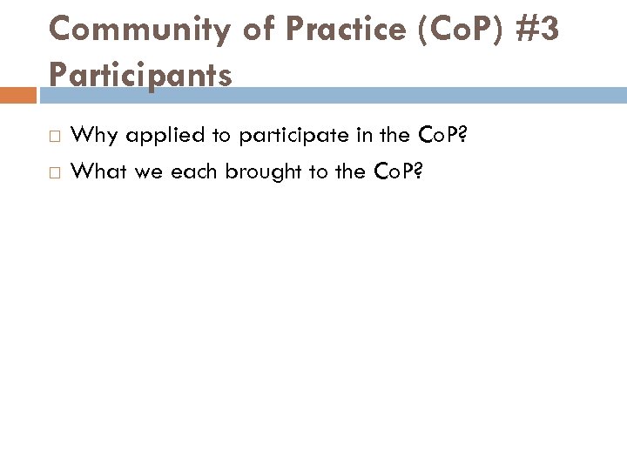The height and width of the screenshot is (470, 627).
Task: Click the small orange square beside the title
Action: click(x=17, y=95)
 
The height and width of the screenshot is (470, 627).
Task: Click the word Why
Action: click(x=93, y=135)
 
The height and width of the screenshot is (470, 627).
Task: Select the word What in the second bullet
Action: click(x=99, y=171)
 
